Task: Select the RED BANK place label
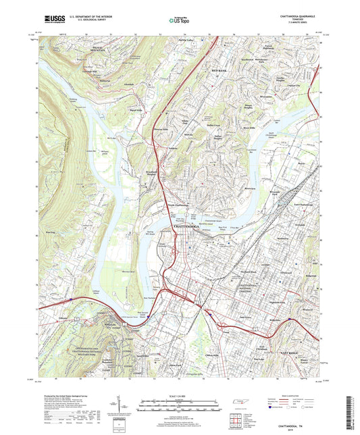(221, 70)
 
